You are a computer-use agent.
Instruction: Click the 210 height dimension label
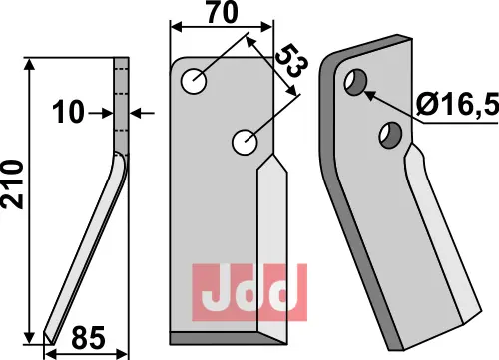point(13,184)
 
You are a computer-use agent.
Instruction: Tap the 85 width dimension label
point(88,338)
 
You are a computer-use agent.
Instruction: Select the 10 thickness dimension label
point(68,113)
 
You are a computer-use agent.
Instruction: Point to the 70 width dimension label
point(223,12)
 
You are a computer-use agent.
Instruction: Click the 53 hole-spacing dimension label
point(292,60)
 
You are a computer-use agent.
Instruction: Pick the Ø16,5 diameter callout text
point(458,104)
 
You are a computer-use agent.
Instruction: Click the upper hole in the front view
point(194,81)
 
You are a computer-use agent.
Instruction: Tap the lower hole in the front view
point(245,143)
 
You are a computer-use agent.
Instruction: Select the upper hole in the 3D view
point(355,82)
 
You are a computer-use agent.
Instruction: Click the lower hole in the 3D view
point(391,135)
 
